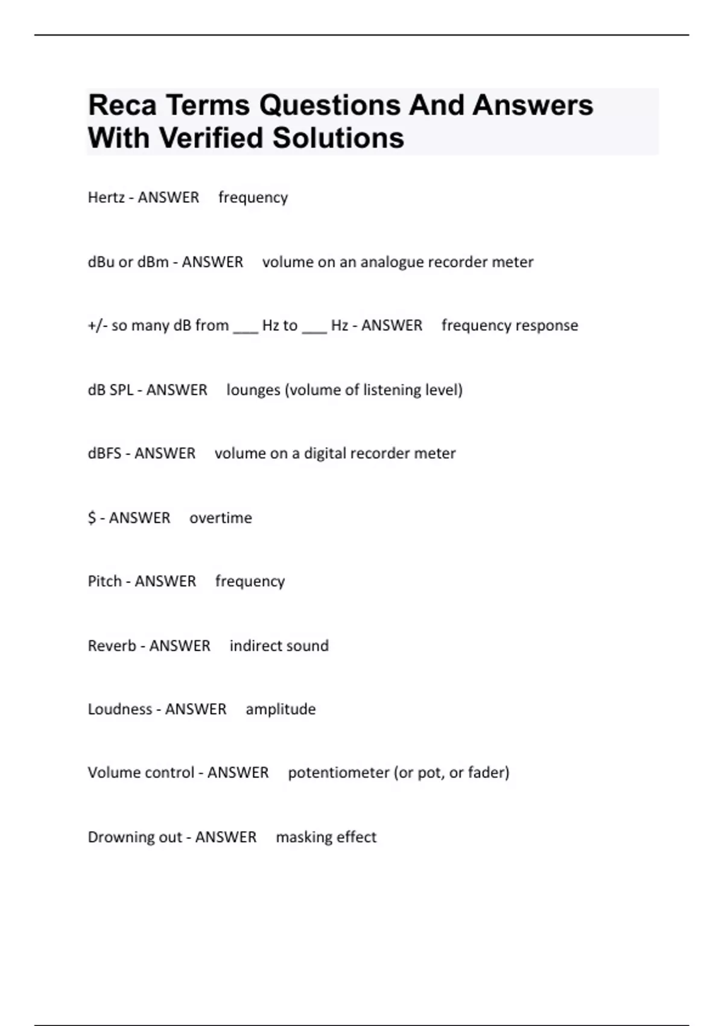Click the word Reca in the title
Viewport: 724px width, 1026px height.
click(x=122, y=105)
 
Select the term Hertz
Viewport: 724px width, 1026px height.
click(x=106, y=197)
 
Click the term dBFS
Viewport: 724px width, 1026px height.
click(x=104, y=453)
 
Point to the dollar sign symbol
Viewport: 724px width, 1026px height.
click(x=92, y=518)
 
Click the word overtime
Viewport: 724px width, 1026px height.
click(x=221, y=518)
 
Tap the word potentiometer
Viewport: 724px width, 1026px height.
click(x=338, y=773)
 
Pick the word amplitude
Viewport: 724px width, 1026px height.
click(x=281, y=709)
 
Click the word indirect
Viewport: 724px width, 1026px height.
click(x=254, y=646)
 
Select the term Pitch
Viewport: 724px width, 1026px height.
click(x=104, y=581)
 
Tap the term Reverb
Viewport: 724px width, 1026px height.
click(x=112, y=646)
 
